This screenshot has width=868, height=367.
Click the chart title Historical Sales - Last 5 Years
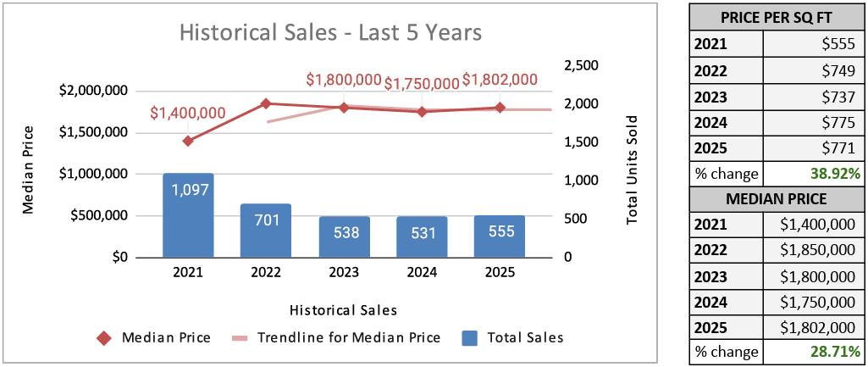pyautogui.click(x=330, y=33)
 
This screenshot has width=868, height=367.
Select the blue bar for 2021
pyautogui.click(x=188, y=215)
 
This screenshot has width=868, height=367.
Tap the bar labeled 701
pyautogui.click(x=265, y=231)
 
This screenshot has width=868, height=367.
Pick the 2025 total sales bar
pyautogui.click(x=500, y=236)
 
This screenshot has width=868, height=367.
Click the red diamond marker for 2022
pyautogui.click(x=265, y=103)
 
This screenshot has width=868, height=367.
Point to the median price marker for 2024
pyautogui.click(x=422, y=111)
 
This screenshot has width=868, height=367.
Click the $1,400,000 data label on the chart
pyautogui.click(x=188, y=113)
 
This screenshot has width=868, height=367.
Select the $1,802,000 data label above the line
pyautogui.click(x=500, y=80)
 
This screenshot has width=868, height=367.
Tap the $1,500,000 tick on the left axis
pyautogui.click(x=92, y=132)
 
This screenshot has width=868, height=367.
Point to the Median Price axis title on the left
pyautogui.click(x=29, y=170)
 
